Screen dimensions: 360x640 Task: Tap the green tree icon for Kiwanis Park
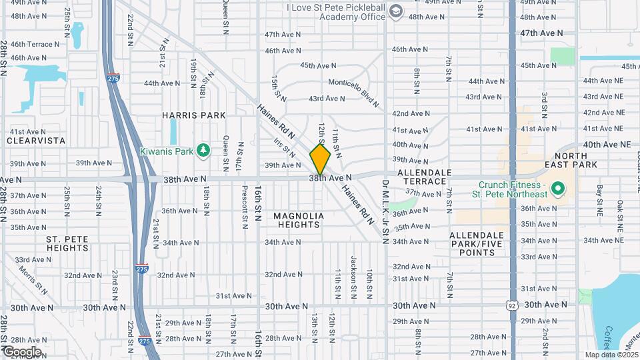204,151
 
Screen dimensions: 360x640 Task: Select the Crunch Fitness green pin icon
559,189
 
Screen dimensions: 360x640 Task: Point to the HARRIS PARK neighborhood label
194,115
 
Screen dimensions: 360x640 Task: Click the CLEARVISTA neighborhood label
36,141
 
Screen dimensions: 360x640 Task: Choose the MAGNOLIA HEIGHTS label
299,220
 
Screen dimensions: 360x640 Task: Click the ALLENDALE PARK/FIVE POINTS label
476,244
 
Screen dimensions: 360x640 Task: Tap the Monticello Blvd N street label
353,83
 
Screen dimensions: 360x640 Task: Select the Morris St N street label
33,281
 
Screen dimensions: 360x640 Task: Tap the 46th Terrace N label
35,44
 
